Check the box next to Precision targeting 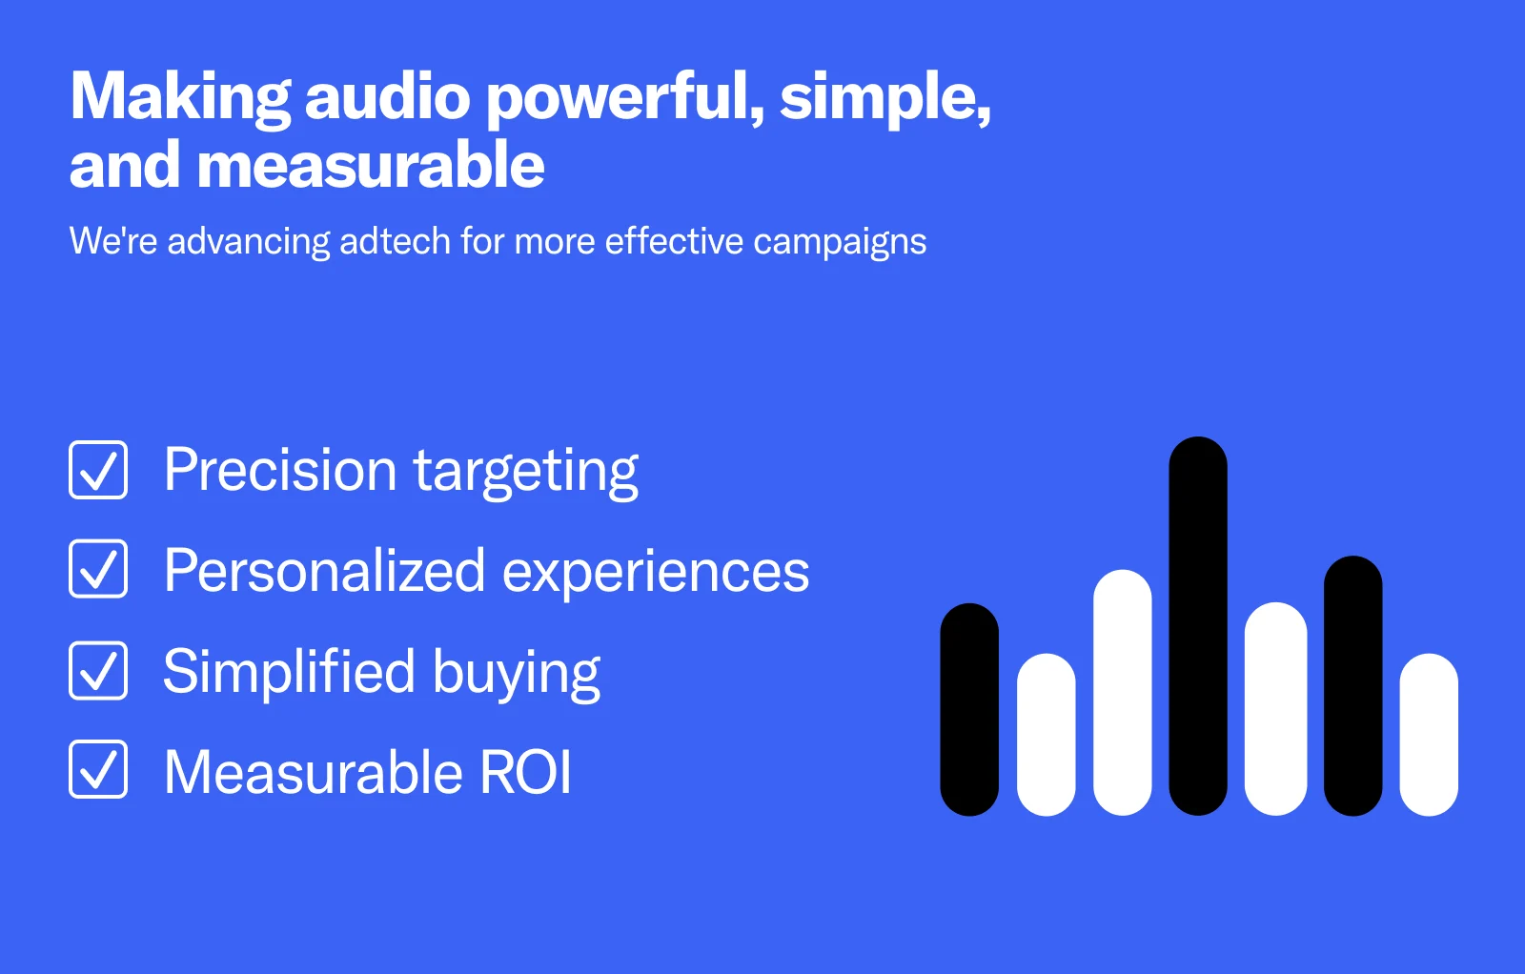(98, 470)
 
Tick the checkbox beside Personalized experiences (98, 569)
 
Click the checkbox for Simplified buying (98, 670)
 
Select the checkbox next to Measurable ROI (98, 769)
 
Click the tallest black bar (1198, 626)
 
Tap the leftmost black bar (969, 709)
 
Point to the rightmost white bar (1429, 735)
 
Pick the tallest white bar (1123, 692)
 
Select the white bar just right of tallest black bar (1276, 708)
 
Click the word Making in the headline (181, 97)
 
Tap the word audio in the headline (387, 96)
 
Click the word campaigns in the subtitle (840, 243)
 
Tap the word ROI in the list (525, 772)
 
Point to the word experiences (656, 572)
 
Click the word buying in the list (517, 673)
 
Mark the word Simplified (290, 670)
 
